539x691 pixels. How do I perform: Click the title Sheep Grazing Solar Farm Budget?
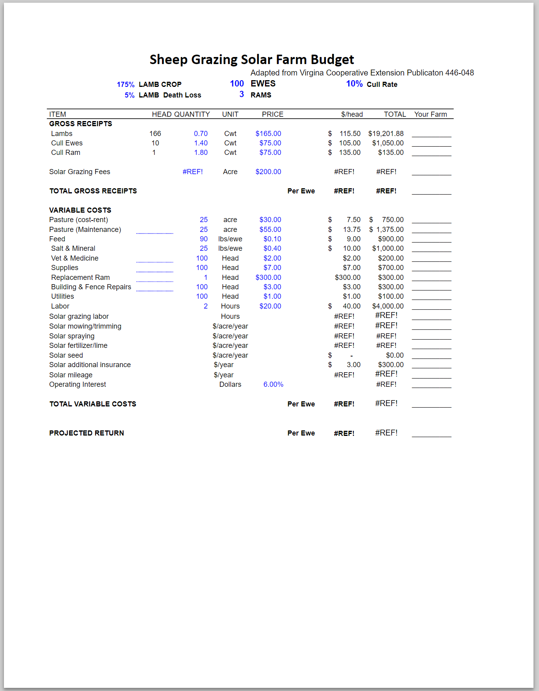(252, 59)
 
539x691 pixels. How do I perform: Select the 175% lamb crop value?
(125, 85)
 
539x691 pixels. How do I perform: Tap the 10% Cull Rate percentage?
(354, 84)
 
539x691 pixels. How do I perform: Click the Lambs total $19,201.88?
(386, 134)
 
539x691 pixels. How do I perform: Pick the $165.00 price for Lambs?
(268, 134)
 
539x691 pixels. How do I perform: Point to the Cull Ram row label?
(66, 153)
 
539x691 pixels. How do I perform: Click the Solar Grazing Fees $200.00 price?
(268, 172)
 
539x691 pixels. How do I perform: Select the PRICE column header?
(272, 114)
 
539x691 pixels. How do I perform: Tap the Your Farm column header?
(430, 114)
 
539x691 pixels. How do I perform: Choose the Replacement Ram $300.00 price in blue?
(268, 278)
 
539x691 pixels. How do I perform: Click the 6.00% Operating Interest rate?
(273, 384)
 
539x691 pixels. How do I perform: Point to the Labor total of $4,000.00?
(388, 306)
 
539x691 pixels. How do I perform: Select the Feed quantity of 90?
(204, 239)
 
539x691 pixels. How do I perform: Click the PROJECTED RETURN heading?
(86, 433)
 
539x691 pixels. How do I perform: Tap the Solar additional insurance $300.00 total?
(391, 365)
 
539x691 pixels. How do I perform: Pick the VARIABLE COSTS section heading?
(80, 210)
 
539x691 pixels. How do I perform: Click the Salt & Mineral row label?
(73, 248)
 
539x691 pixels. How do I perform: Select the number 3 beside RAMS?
(241, 94)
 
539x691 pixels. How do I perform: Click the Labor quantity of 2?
(206, 306)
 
